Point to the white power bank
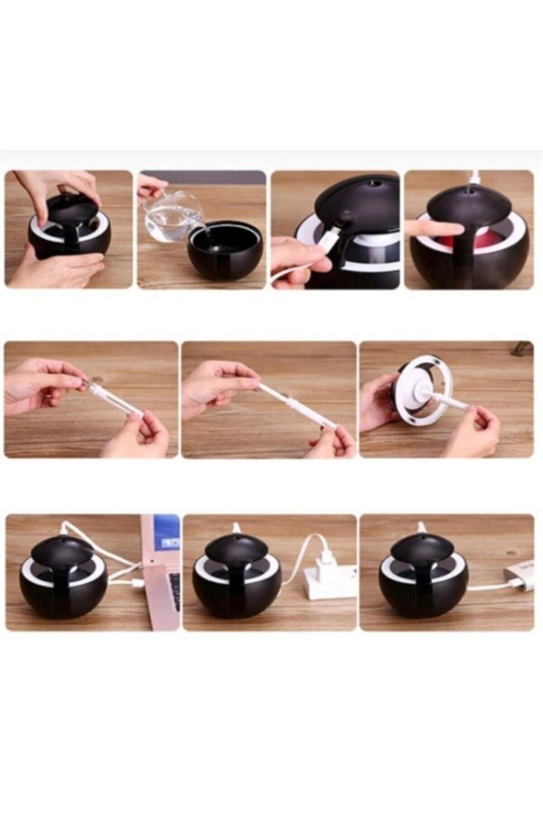tap(516, 576)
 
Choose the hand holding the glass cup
tap(151, 187)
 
